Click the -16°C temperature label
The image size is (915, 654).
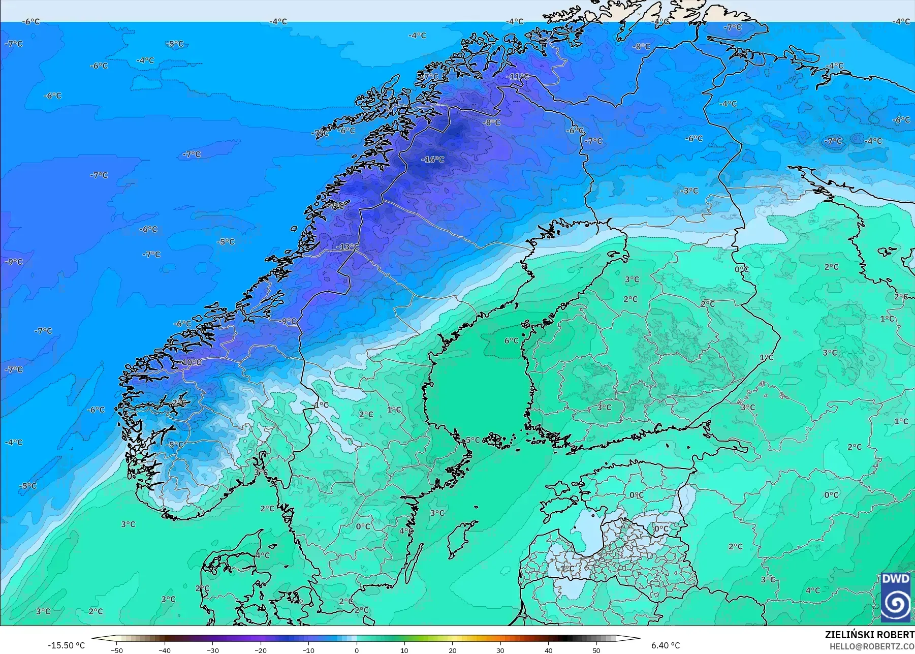433,160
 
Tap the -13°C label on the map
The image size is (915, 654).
348,247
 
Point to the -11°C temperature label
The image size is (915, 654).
518,77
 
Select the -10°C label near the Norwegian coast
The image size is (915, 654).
191,362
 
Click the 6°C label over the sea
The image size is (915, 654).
512,340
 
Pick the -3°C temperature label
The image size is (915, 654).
689,191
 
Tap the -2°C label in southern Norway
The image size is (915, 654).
178,402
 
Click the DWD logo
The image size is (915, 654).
896,598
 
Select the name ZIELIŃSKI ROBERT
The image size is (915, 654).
869,635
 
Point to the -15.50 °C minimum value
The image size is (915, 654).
66,645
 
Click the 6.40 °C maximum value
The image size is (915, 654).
666,645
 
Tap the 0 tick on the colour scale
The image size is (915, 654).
357,650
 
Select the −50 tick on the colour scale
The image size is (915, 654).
117,650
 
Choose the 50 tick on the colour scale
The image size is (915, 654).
596,650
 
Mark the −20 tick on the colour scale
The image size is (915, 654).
261,650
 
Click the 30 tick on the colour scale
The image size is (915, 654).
500,650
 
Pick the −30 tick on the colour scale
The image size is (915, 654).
213,650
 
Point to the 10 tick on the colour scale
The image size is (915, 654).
404,650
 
